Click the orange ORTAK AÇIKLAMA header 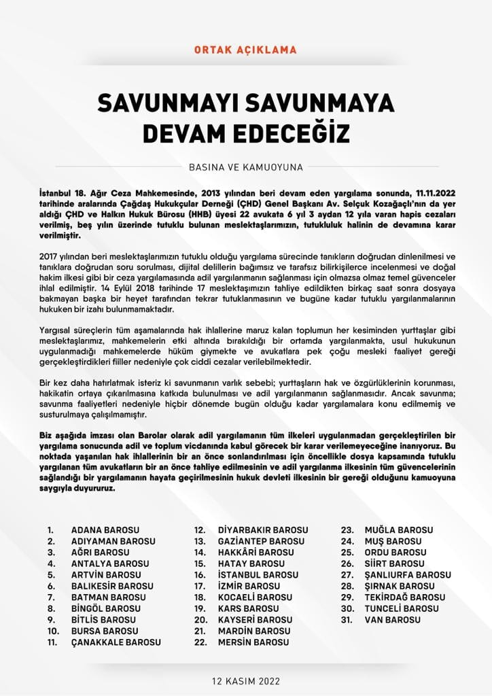245,50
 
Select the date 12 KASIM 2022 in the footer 246,681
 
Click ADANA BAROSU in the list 105,530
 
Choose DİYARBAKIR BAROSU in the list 262,530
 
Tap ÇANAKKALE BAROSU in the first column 116,642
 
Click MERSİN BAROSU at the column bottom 253,642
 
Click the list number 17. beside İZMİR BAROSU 200,586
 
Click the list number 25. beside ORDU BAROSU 347,553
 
